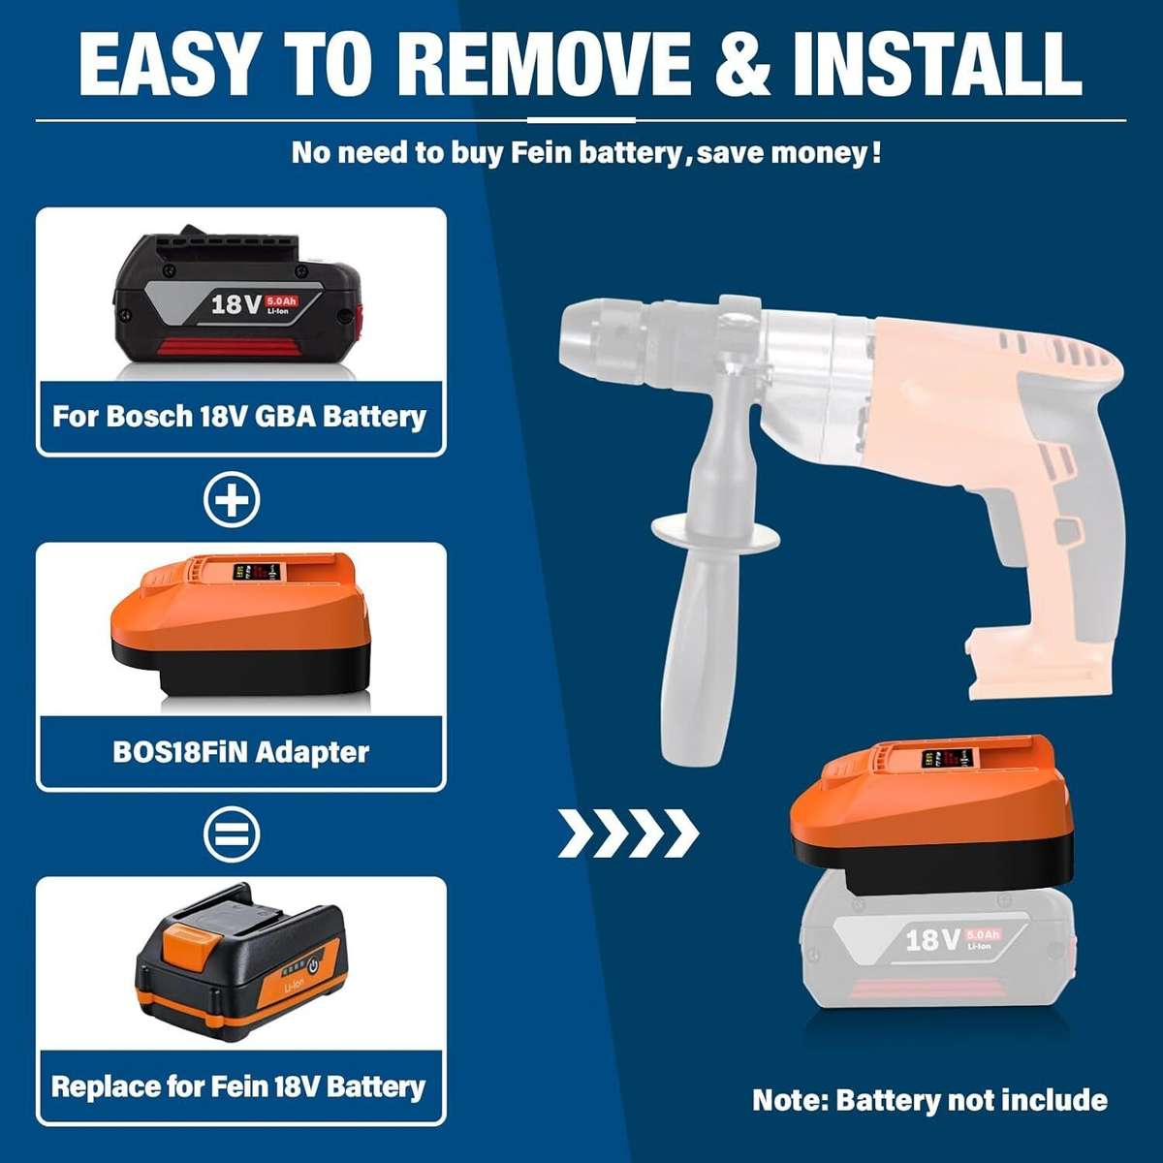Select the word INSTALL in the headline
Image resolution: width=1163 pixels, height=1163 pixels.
(x=936, y=63)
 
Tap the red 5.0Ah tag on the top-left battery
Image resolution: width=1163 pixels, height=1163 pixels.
(x=282, y=301)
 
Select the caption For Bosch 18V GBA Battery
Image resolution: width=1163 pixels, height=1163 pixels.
(x=239, y=417)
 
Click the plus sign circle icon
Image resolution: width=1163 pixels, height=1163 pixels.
(x=232, y=500)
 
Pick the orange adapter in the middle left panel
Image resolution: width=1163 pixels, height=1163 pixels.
(x=240, y=625)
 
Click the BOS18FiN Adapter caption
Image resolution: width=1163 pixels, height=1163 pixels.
(x=240, y=752)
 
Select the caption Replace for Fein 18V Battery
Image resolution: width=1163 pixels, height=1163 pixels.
(x=238, y=1086)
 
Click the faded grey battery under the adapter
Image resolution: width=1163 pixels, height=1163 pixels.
(x=936, y=945)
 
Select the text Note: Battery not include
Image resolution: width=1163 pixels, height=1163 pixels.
(x=929, y=1100)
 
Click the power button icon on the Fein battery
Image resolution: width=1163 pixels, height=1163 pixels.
(x=313, y=965)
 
